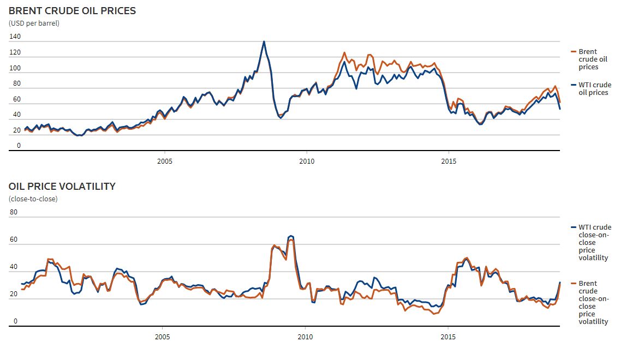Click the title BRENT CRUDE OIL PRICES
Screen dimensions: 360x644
point(72,10)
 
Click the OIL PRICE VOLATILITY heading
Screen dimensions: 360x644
point(62,187)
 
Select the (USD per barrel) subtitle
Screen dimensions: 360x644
point(34,23)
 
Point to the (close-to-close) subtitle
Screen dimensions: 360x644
point(33,199)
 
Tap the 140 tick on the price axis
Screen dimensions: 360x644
point(15,37)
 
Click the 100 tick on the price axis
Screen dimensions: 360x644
point(15,68)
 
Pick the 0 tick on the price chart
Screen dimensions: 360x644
point(19,146)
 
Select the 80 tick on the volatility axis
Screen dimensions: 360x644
point(14,212)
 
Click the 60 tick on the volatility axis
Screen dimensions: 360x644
point(14,239)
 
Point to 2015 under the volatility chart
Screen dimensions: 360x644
point(448,337)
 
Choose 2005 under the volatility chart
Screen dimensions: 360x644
point(163,337)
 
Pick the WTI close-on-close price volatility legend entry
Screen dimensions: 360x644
point(594,242)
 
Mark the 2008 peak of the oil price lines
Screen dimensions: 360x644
point(264,41)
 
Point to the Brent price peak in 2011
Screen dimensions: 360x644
point(344,52)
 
